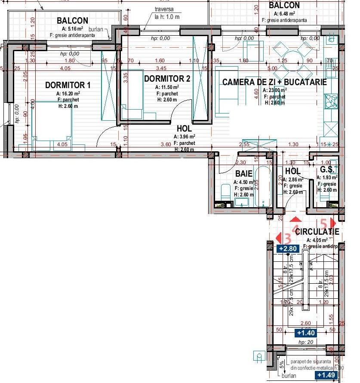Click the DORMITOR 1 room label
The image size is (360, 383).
point(68,85)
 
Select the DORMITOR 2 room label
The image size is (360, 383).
point(167,79)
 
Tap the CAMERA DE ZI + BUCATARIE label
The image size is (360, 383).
point(274,82)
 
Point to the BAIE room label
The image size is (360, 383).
point(243,174)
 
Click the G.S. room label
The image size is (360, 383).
point(327,169)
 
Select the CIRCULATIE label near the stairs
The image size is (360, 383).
point(317,232)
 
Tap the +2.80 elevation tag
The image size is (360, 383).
point(288,248)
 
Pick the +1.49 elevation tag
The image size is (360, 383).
point(326,375)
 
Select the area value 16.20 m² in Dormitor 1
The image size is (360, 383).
point(68,93)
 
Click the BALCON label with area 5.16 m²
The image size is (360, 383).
point(72,21)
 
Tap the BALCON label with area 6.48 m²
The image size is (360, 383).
point(284,5)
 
